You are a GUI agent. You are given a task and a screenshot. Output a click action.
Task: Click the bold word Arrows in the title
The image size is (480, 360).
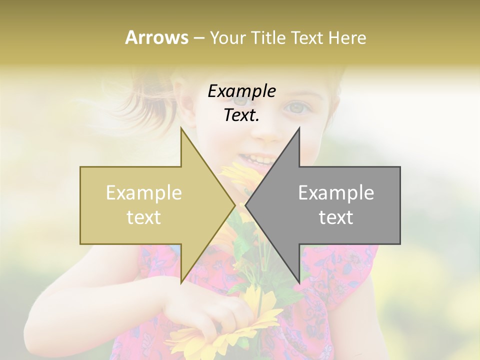pos(156,37)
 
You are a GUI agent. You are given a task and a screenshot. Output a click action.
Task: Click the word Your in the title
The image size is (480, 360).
pos(227,37)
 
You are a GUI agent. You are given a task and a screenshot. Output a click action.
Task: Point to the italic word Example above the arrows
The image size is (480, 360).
pos(241,91)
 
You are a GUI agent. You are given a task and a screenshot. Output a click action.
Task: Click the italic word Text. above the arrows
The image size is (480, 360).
pos(241,115)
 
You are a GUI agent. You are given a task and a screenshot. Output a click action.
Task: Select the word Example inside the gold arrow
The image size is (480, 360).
pos(144,193)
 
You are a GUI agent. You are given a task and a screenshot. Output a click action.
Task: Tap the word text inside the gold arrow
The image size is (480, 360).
pos(144,217)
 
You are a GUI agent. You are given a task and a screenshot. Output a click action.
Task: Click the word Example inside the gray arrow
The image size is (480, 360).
pos(336,193)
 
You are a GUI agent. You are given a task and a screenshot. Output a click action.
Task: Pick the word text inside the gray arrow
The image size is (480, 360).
pos(336,217)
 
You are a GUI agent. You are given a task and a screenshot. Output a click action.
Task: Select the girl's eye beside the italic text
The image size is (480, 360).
pos(297,107)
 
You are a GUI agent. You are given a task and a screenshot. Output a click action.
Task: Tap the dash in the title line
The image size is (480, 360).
pos(198,38)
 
